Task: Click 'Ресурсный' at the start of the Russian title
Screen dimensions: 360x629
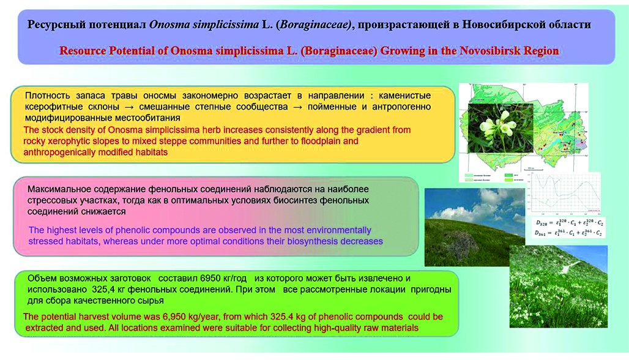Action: [x=55, y=24]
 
